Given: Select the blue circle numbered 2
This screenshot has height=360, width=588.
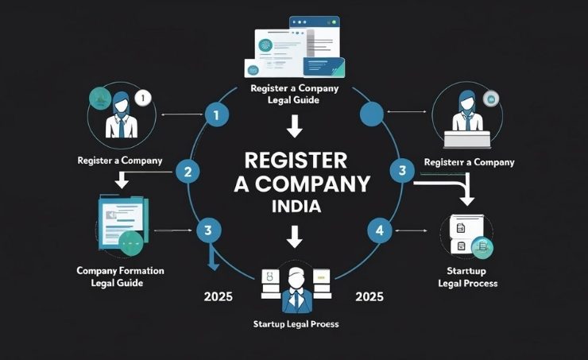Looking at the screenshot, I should tap(188, 170).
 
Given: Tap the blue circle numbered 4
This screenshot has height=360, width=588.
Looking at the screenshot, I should tap(378, 231).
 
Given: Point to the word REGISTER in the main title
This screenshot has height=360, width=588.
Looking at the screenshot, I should tap(295, 160).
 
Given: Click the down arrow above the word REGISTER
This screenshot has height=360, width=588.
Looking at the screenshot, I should tap(294, 126).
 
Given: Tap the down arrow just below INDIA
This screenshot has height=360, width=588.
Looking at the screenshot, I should tap(294, 235).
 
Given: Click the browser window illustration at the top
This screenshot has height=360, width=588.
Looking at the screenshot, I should tap(296, 47).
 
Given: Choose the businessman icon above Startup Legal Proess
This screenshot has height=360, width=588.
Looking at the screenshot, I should tap(295, 288).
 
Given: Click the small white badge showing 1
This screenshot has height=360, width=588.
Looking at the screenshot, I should tap(143, 99).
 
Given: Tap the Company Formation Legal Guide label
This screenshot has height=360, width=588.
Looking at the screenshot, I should tap(120, 277).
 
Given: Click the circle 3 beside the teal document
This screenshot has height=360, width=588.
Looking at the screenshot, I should tap(207, 231).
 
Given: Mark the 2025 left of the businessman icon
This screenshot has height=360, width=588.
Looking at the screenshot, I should tap(218, 299).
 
